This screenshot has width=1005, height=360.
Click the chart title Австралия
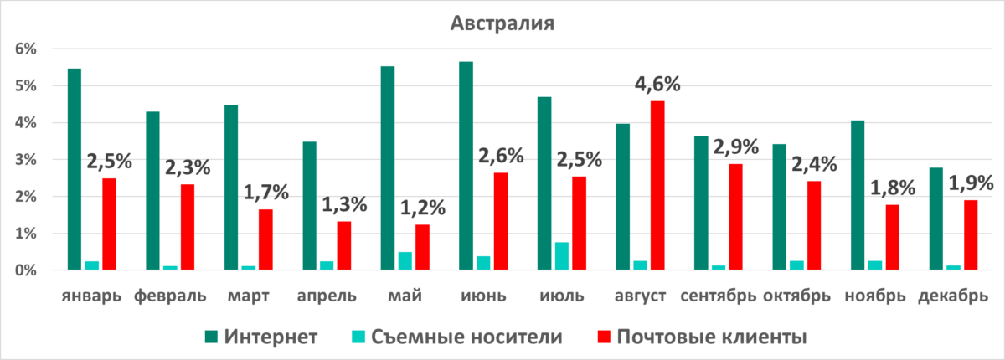[502, 23]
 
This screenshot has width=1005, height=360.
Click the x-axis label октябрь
[796, 296]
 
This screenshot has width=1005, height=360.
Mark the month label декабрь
[953, 296]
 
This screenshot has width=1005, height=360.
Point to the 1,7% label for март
[265, 193]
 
